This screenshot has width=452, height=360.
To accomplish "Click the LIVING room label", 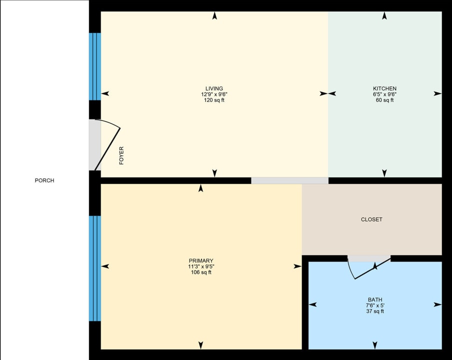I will point(214,88).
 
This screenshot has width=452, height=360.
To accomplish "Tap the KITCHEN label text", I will point(384,88).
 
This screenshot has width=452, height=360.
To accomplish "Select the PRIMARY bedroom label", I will point(201,260).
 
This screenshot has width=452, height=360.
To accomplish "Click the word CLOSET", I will point(371,219).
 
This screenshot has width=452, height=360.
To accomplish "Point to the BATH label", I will point(375,300).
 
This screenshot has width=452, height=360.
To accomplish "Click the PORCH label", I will point(44,180).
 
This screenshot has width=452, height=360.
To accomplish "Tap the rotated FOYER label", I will point(121,156).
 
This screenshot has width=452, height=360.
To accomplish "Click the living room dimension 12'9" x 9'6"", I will point(214,94).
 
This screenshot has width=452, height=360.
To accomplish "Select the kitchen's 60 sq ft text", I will point(384,100).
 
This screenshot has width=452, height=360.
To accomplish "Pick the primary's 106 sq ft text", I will point(201,272).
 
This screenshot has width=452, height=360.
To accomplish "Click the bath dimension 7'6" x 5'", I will point(375,305).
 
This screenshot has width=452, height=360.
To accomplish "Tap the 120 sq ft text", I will point(214,100).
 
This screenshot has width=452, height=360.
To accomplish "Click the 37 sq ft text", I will point(375,311).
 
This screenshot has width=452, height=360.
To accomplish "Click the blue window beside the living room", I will point(95,66).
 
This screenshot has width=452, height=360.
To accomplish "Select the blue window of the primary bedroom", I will point(95,268).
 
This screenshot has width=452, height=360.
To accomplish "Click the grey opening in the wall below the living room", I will point(289,180).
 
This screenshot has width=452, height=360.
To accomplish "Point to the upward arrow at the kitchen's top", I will point(384,16).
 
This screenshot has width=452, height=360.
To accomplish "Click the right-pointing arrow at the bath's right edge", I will point(437,304).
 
